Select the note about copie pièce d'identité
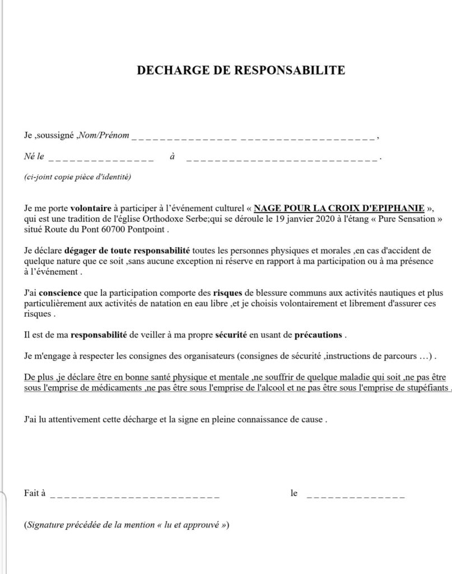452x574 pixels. (x=77, y=177)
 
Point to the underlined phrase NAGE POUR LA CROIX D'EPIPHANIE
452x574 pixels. (x=338, y=206)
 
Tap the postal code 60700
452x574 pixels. (x=99, y=230)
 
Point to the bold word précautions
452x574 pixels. (x=318, y=335)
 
